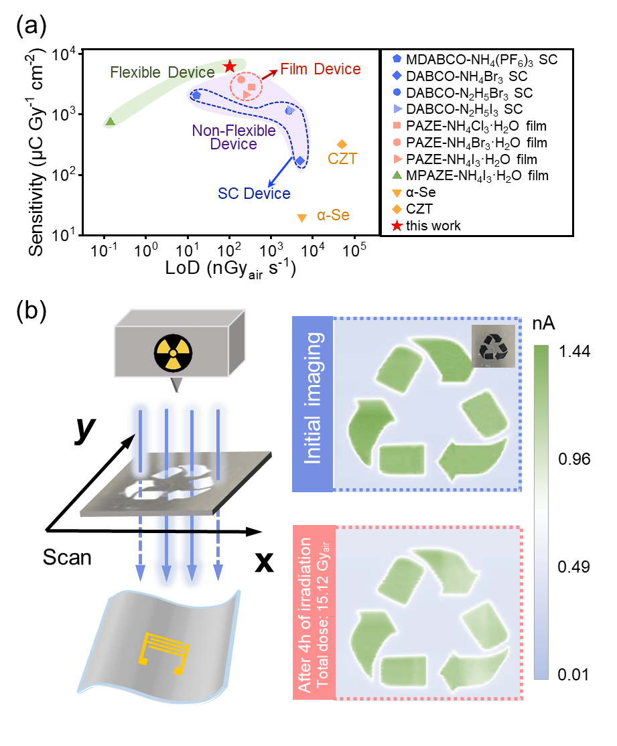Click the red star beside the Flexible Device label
tap(230, 66)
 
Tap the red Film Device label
tap(320, 69)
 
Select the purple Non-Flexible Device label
tap(234, 137)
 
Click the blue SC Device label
tap(254, 194)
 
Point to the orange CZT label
tap(342, 159)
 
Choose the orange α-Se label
tap(333, 216)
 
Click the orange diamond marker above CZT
tap(342, 144)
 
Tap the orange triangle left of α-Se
tap(302, 217)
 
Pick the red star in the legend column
tap(397, 226)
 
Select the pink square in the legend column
tap(397, 125)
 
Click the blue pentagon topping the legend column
tap(397, 58)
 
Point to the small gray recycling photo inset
tap(493, 346)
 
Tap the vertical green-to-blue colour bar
tap(541, 512)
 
